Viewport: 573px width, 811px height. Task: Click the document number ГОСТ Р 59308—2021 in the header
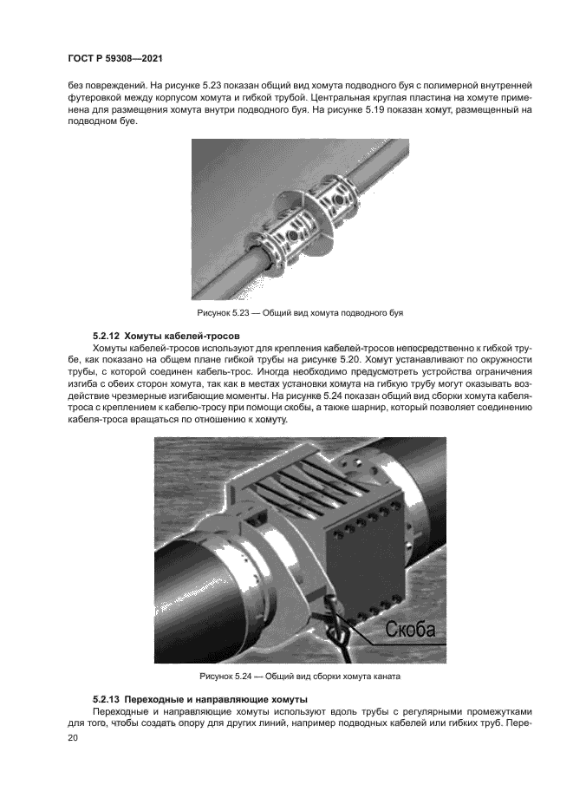point(115,58)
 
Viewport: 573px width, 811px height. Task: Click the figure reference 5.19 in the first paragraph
point(351,110)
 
